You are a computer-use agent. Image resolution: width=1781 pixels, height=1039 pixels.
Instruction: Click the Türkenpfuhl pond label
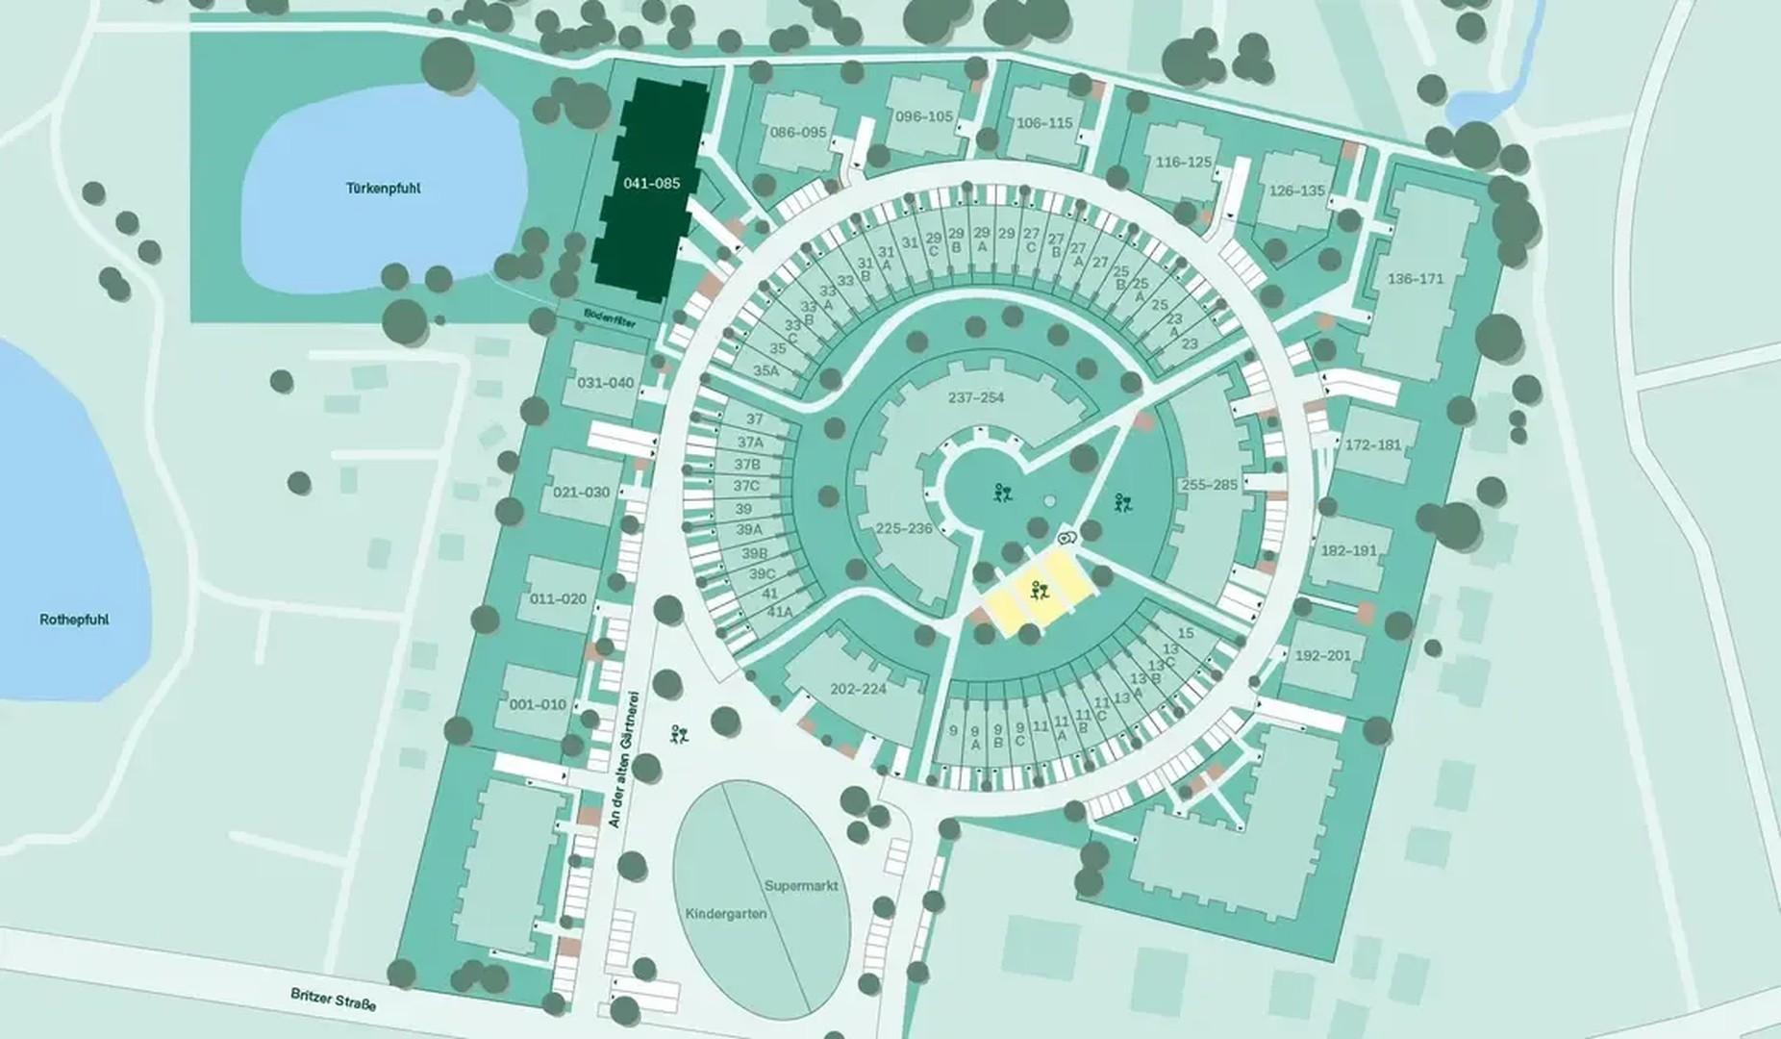pyautogui.click(x=383, y=189)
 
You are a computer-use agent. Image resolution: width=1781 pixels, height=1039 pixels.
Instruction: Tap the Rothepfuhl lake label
pyautogui.click(x=74, y=620)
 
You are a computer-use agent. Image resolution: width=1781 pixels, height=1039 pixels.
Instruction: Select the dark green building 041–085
pyautogui.click(x=651, y=183)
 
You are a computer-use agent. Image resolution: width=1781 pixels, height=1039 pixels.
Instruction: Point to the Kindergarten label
pyautogui.click(x=726, y=912)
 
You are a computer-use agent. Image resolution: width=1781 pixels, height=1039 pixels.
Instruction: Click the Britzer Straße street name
pyautogui.click(x=334, y=1000)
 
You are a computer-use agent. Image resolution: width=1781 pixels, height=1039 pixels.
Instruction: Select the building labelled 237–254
pyautogui.click(x=975, y=397)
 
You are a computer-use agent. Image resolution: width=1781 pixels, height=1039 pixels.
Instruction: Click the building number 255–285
pyautogui.click(x=1209, y=485)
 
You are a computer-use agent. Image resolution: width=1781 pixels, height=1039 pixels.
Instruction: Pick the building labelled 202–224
pyautogui.click(x=858, y=689)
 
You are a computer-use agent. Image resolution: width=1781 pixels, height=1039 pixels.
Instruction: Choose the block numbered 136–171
pyautogui.click(x=1416, y=279)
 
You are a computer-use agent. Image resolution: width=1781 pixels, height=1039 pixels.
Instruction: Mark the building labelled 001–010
pyautogui.click(x=538, y=704)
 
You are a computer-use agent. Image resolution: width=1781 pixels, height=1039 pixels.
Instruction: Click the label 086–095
pyautogui.click(x=798, y=132)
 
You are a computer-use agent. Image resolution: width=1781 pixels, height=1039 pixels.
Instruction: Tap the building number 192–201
pyautogui.click(x=1322, y=655)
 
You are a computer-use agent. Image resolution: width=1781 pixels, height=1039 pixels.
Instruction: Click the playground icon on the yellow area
pyautogui.click(x=1036, y=593)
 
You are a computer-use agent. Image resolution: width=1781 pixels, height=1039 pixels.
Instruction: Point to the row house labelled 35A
pyautogui.click(x=766, y=370)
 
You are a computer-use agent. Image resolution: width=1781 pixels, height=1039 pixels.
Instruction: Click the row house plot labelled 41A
pyautogui.click(x=778, y=612)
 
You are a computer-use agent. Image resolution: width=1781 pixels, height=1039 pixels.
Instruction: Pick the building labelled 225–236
pyautogui.click(x=904, y=528)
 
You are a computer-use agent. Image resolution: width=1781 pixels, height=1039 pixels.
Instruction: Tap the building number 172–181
pyautogui.click(x=1373, y=445)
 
